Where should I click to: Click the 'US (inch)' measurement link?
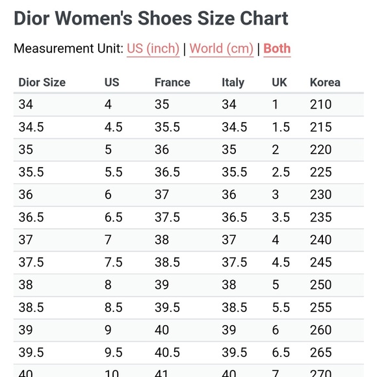(153, 49)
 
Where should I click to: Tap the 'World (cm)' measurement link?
(222, 49)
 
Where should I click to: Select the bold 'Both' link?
(277, 49)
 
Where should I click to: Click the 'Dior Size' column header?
(42, 83)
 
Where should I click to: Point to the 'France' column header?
(172, 83)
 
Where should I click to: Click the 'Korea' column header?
(325, 83)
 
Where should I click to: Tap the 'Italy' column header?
(233, 83)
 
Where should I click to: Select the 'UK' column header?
(279, 83)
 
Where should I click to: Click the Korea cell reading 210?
(320, 105)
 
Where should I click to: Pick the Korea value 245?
(320, 263)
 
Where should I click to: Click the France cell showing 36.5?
(167, 172)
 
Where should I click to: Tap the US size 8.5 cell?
(113, 307)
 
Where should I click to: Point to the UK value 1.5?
(281, 127)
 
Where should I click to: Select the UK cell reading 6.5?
(281, 352)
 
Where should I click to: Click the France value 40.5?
(167, 352)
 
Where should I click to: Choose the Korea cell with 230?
(320, 195)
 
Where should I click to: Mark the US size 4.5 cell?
(113, 127)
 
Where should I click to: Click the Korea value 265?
(320, 352)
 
